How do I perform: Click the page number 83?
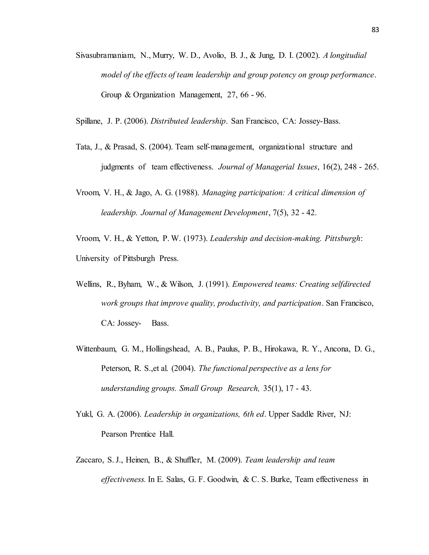375,30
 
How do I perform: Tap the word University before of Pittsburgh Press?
92,258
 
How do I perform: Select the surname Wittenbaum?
96,349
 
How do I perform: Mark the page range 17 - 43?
298,388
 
